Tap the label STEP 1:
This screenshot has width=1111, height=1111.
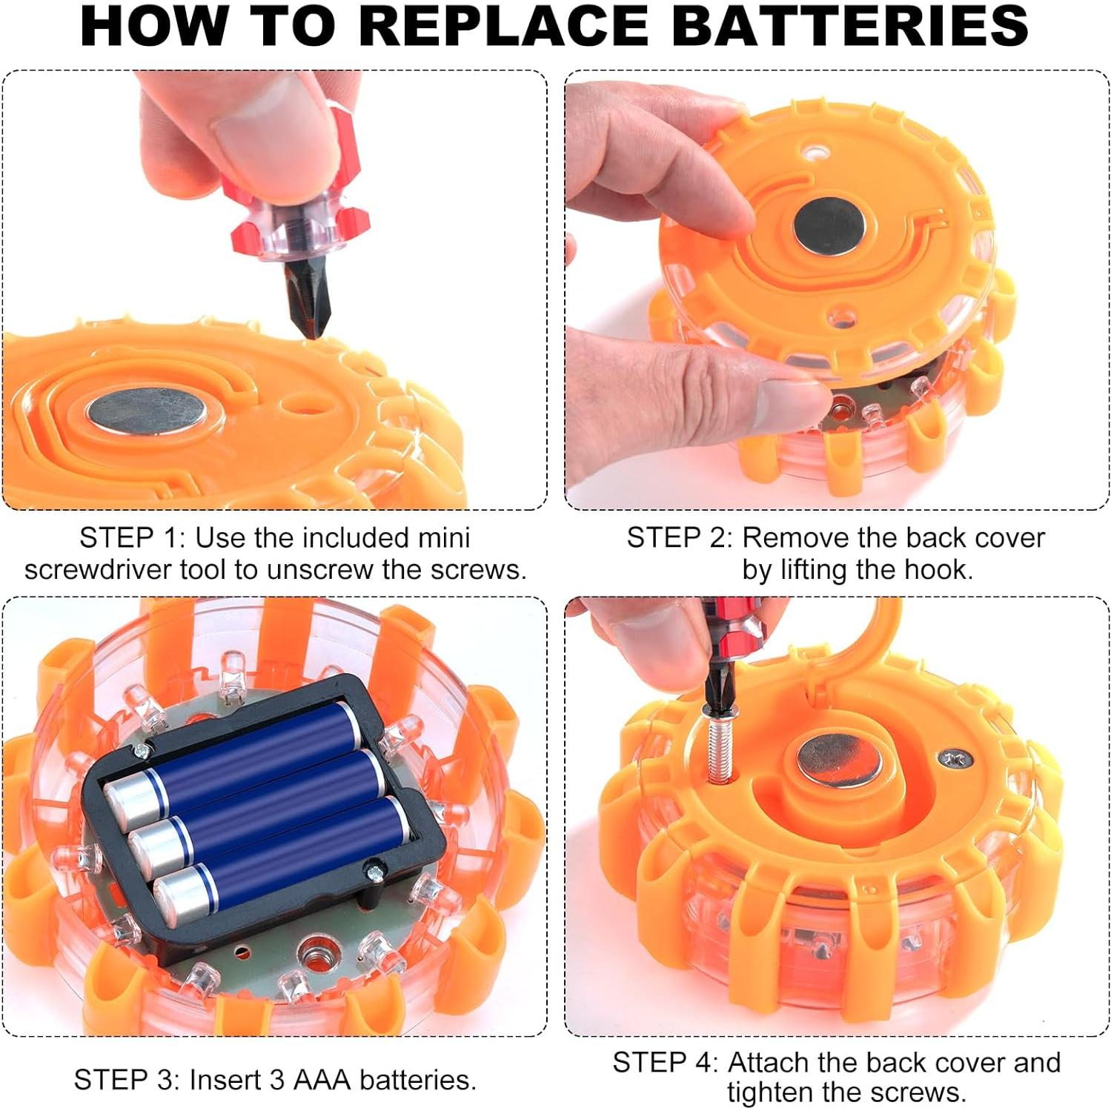133,537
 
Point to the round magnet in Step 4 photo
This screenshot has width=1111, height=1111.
840,762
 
